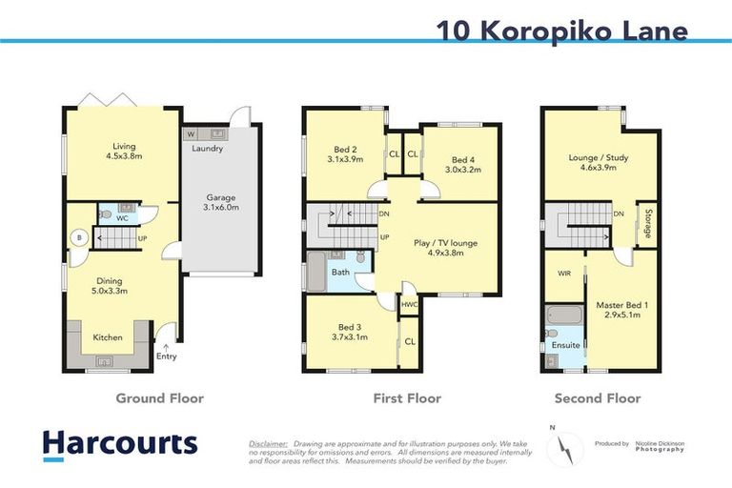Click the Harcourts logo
[119, 443]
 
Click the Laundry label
[207, 149]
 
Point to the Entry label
[166, 356]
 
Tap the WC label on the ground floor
[123, 217]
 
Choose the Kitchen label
[107, 336]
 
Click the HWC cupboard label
[409, 305]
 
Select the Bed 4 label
[463, 164]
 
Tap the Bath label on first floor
[339, 274]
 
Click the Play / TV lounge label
[447, 248]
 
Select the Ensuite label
[566, 344]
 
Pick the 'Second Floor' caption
[598, 398]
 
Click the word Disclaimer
[268, 444]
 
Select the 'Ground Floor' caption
[159, 398]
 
